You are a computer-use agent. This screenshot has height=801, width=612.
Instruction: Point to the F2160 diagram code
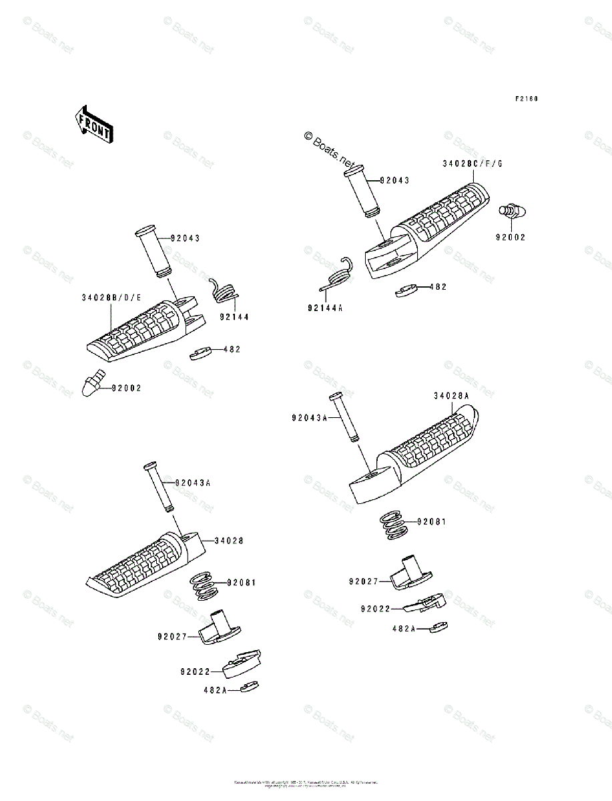526,99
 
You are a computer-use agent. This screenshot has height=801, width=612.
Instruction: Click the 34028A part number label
451,396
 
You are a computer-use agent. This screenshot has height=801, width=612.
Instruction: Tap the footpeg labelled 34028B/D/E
143,330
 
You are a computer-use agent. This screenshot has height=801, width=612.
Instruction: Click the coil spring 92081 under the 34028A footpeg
392,526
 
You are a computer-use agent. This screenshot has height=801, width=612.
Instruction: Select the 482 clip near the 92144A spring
406,291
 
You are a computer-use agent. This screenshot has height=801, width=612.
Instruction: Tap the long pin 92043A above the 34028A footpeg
345,416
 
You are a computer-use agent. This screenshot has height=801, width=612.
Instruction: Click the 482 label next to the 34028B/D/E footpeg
232,349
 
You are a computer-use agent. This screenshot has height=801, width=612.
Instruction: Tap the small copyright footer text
306,784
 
